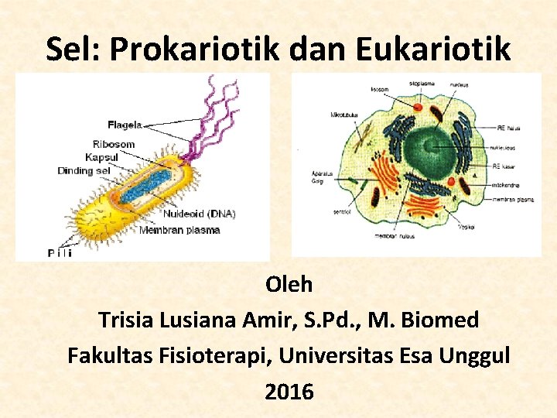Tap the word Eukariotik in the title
[433, 49]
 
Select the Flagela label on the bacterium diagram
[125, 124]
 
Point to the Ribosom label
[113, 144]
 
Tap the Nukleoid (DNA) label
[199, 214]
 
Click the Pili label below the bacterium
[60, 253]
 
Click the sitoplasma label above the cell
[422, 82]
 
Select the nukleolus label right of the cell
[505, 146]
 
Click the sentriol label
[341, 210]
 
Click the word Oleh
[289, 285]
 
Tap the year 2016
[289, 392]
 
